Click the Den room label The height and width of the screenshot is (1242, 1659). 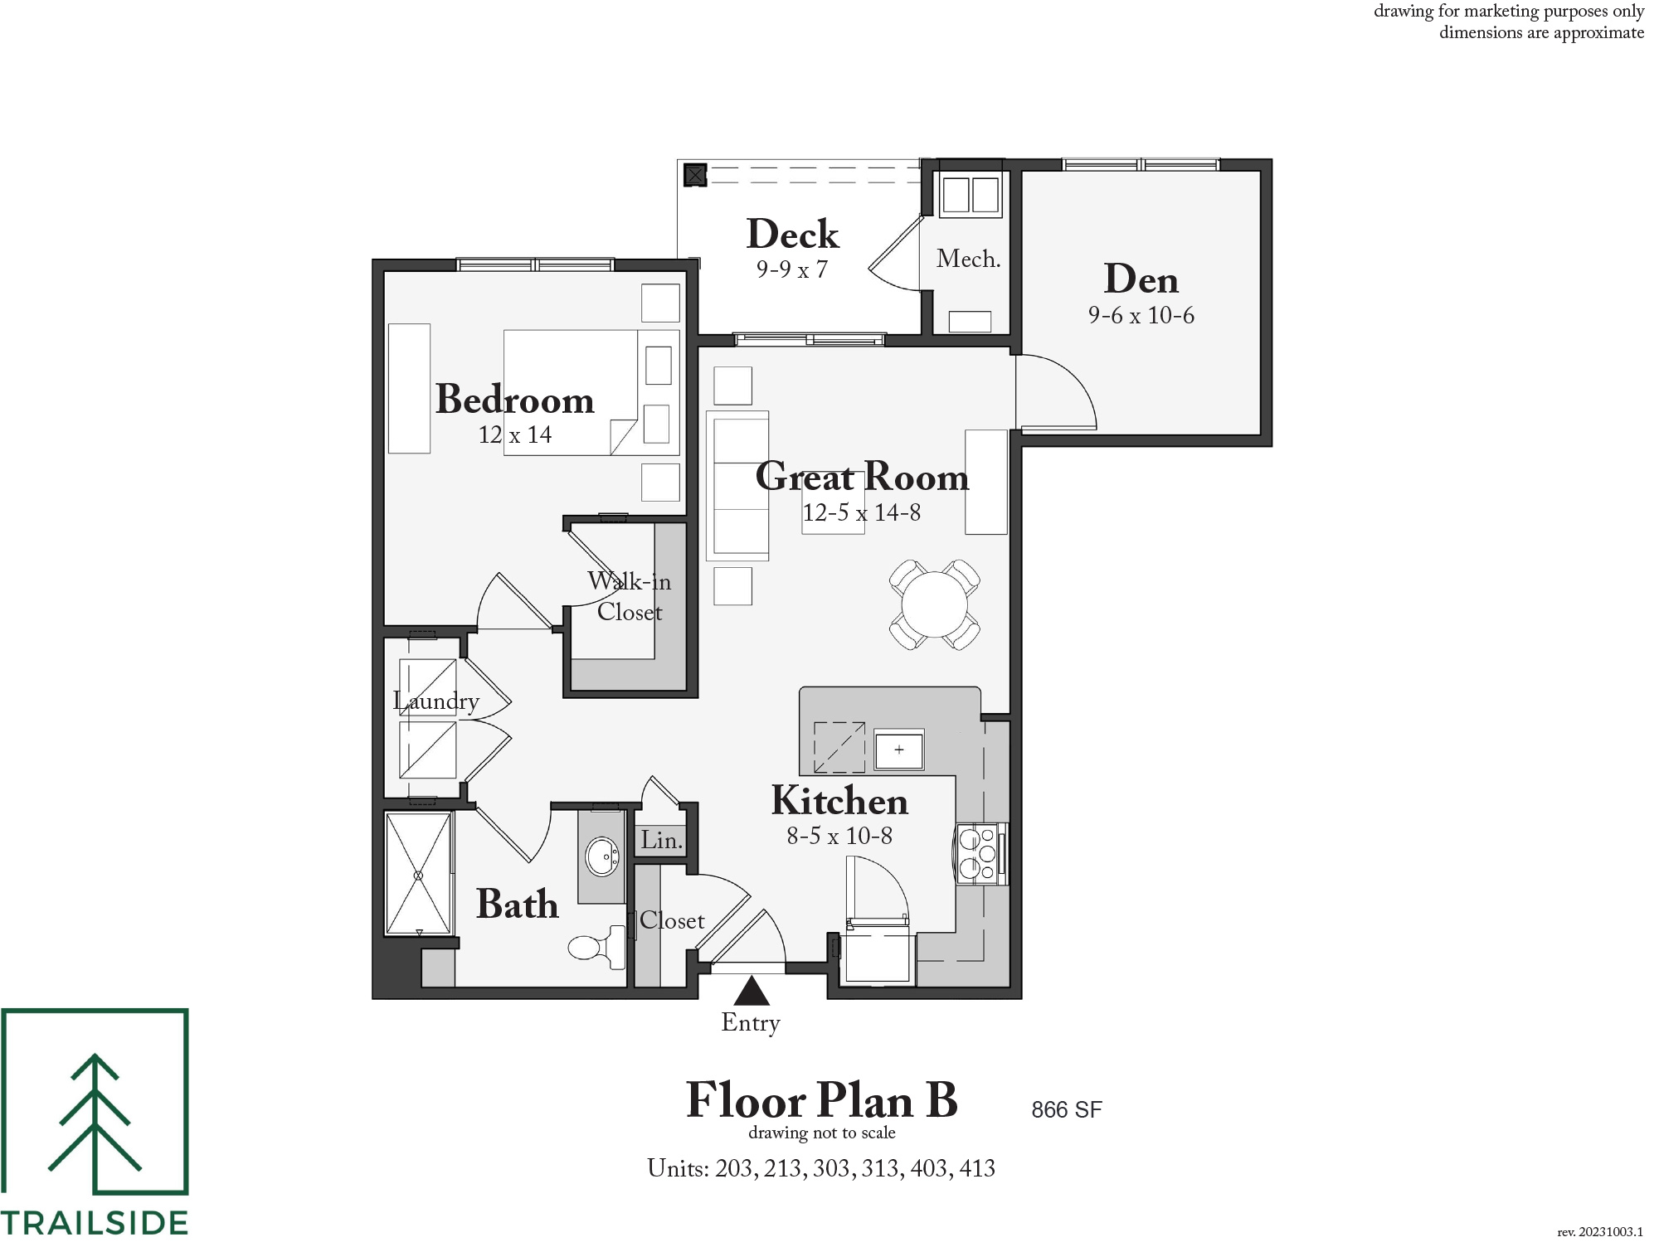[1141, 279]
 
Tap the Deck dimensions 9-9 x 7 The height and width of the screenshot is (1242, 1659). [791, 269]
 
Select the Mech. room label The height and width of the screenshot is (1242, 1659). [968, 259]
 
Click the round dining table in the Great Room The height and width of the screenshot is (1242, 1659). [935, 604]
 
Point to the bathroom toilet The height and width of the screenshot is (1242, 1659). [597, 946]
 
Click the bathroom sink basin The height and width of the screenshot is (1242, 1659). [602, 856]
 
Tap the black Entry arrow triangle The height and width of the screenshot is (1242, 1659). [752, 990]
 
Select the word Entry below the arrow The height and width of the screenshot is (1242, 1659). [751, 1023]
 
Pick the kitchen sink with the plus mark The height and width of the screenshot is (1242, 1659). [899, 750]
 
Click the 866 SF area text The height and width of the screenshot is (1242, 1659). [1067, 1110]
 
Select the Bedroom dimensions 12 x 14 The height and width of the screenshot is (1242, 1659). [514, 434]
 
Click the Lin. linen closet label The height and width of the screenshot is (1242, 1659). [661, 840]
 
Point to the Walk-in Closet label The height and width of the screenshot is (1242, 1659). [629, 596]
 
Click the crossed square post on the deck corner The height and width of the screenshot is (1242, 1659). [695, 175]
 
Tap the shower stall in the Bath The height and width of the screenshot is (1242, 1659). [419, 875]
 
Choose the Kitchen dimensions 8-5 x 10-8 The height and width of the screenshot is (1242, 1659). [839, 836]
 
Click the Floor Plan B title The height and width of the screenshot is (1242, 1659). [821, 1100]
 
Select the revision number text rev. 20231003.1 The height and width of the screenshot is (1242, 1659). [1600, 1232]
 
